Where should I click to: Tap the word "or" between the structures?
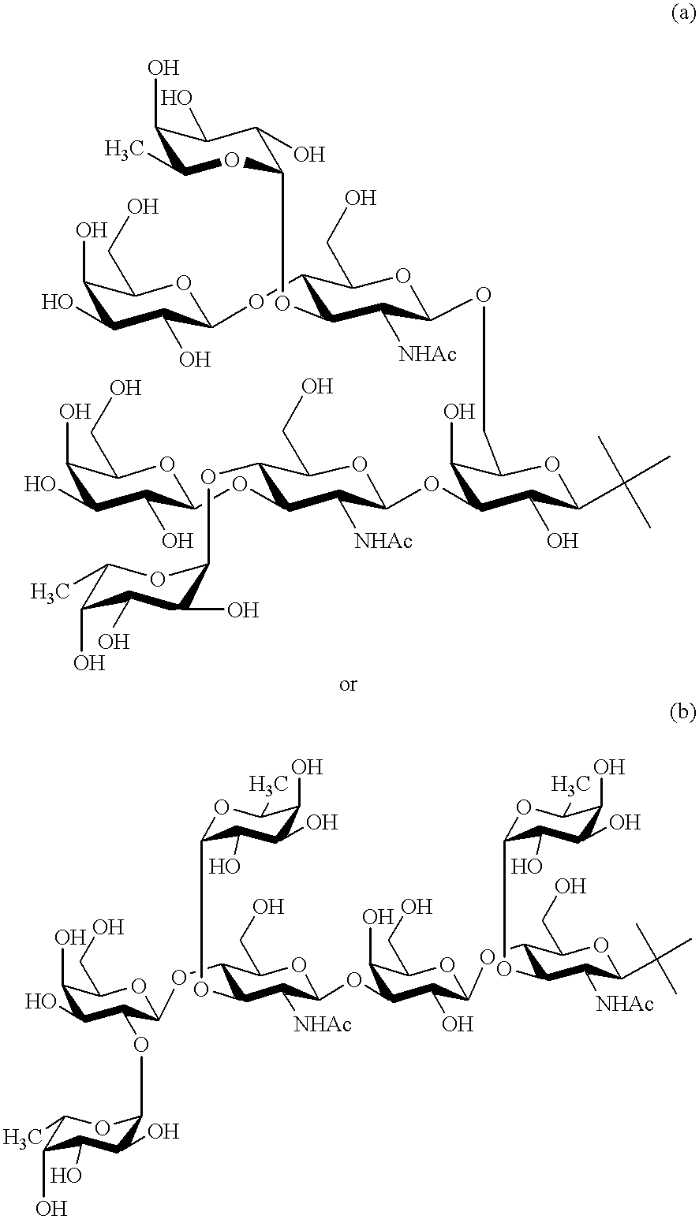tap(348, 684)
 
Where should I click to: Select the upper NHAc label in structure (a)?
tap(428, 354)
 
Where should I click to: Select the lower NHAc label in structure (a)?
tap(385, 540)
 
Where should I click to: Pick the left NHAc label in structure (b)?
tap(323, 1024)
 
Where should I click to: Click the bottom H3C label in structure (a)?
tap(51, 590)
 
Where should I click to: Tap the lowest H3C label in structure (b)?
tap(24, 1137)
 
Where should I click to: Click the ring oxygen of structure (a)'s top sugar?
tap(230, 161)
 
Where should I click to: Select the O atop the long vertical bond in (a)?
tap(484, 296)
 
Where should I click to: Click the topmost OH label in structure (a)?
tap(163, 66)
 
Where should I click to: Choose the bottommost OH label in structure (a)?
tap(88, 662)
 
